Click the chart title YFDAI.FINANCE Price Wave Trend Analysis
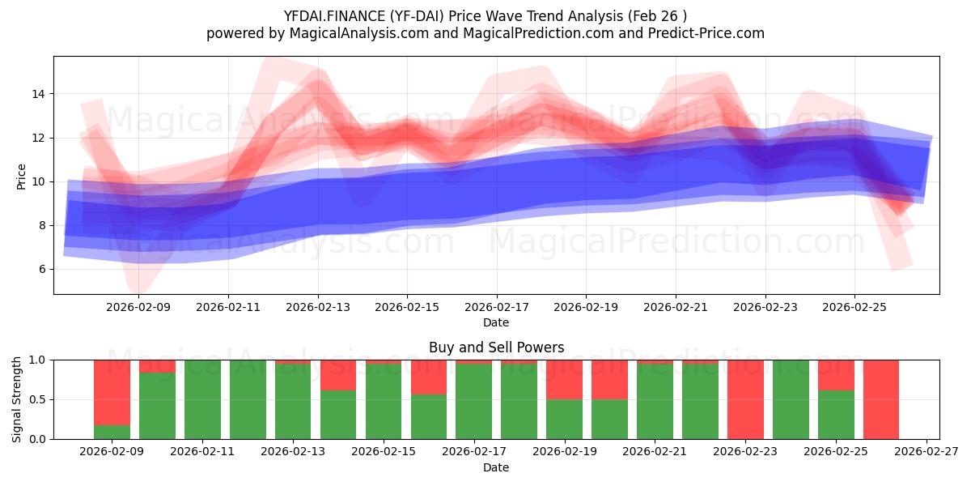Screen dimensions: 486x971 click(x=485, y=16)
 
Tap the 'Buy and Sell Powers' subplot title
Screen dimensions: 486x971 click(x=496, y=347)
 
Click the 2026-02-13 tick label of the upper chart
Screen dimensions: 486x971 click(x=318, y=307)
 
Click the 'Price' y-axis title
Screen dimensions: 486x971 click(x=21, y=177)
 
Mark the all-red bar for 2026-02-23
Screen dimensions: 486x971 click(x=745, y=399)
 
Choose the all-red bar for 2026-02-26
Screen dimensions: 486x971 click(x=881, y=399)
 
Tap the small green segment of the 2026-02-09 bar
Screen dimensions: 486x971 click(x=112, y=433)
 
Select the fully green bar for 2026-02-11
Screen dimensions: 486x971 click(x=202, y=399)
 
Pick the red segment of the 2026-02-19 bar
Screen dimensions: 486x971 click(x=564, y=379)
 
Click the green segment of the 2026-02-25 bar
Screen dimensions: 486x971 click(x=836, y=415)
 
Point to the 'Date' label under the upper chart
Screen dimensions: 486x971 click(x=496, y=322)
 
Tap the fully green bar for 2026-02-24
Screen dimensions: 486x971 click(x=791, y=399)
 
